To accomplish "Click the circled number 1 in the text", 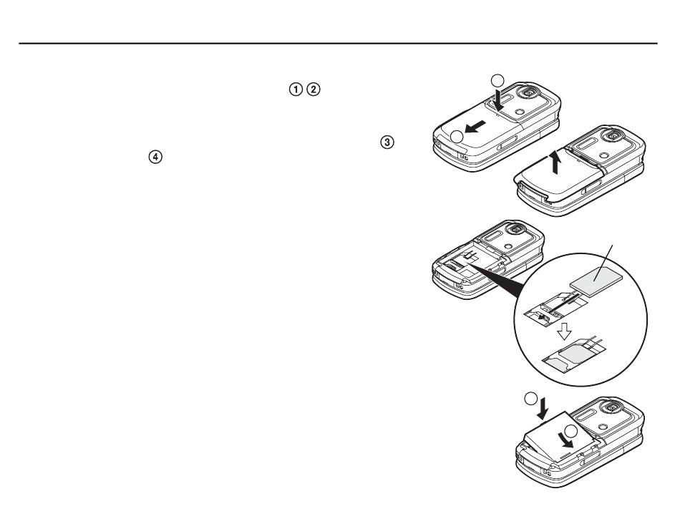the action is point(296,89).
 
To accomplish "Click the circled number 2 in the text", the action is point(314,89).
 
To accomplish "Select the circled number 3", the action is point(387,142).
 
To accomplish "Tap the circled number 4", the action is point(155,157).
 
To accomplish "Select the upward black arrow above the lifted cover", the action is point(555,163).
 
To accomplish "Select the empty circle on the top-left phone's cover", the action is point(457,137).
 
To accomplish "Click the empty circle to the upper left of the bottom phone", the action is point(531,399).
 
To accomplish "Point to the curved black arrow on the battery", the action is point(565,440).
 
